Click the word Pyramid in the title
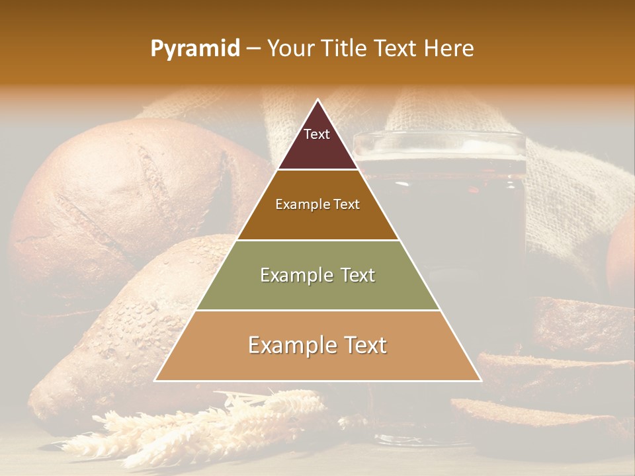[194, 49]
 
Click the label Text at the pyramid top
[317, 134]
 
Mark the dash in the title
[253, 49]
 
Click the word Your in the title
[288, 49]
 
